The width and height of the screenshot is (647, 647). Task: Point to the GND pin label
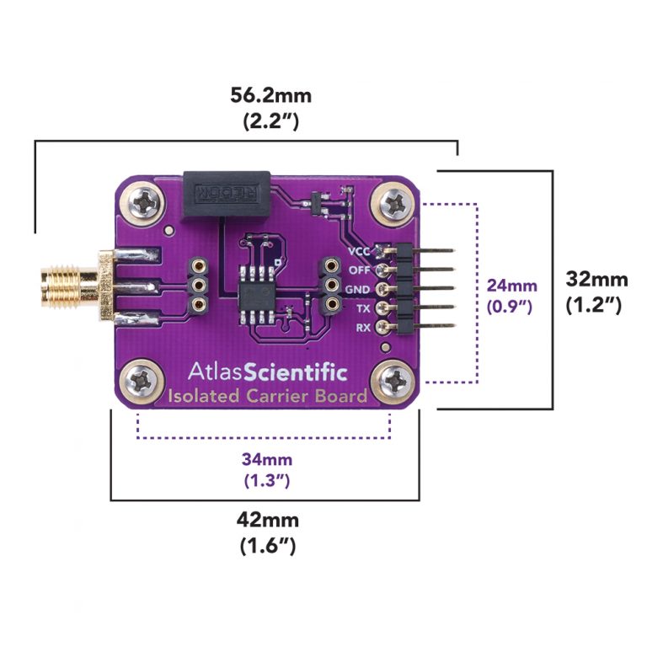pos(358,289)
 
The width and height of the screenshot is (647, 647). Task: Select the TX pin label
pos(363,308)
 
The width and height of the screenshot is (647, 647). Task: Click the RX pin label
pos(363,327)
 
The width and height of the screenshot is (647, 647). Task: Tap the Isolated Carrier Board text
pos(266,395)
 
